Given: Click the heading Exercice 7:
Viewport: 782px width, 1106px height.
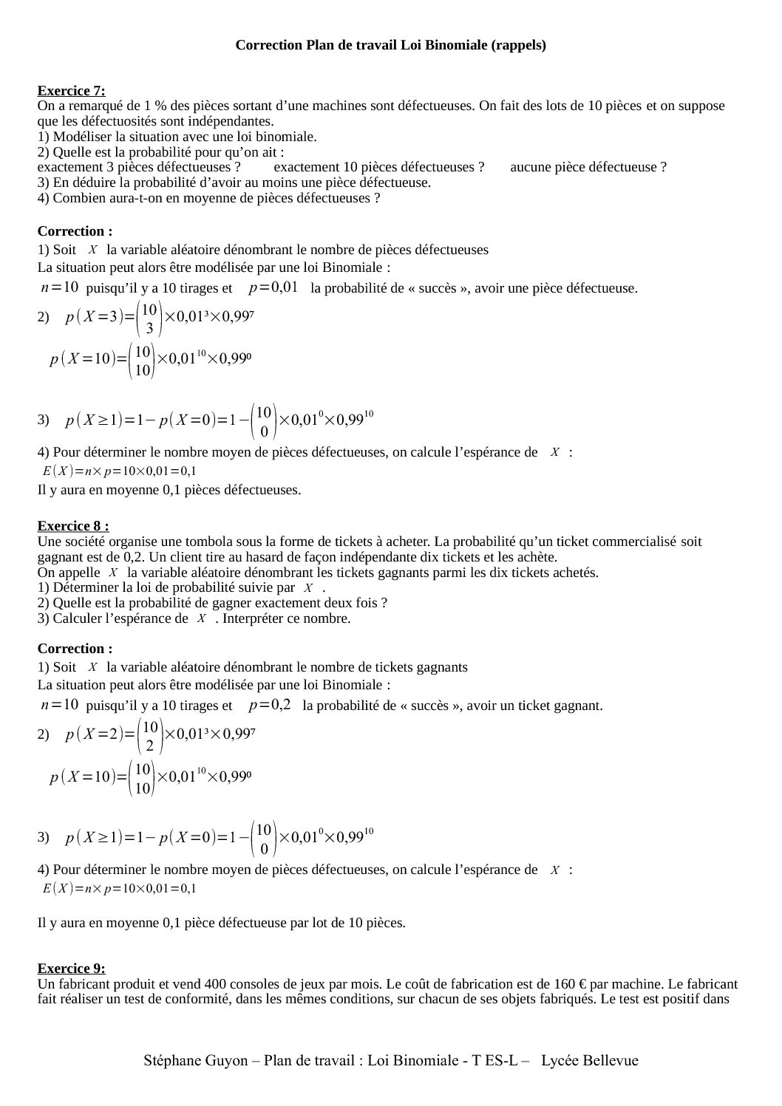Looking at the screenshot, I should coord(71,91).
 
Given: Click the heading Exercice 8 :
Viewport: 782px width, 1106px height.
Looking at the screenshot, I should coord(73,526).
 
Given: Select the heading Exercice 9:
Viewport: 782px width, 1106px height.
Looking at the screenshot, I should coord(71,969).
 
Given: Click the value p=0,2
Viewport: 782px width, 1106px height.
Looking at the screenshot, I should coord(270,705).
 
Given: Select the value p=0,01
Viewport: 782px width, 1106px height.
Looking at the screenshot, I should coord(273,287).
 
